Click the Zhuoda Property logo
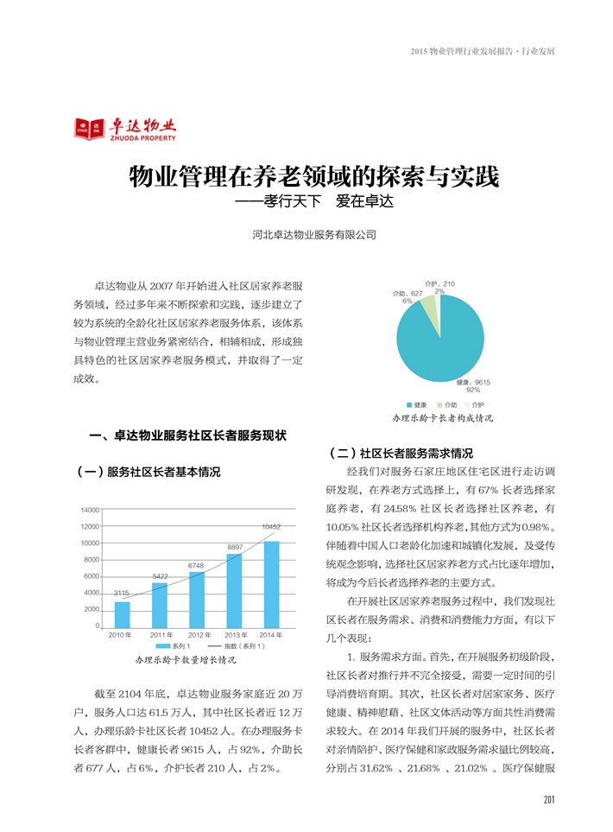[x=125, y=130]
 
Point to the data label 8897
[x=235, y=548]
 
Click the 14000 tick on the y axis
[x=90, y=510]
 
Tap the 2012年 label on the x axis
[x=197, y=635]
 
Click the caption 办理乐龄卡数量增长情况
[x=186, y=659]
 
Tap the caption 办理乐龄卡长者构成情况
[x=442, y=417]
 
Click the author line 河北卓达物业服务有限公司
[x=314, y=234]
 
